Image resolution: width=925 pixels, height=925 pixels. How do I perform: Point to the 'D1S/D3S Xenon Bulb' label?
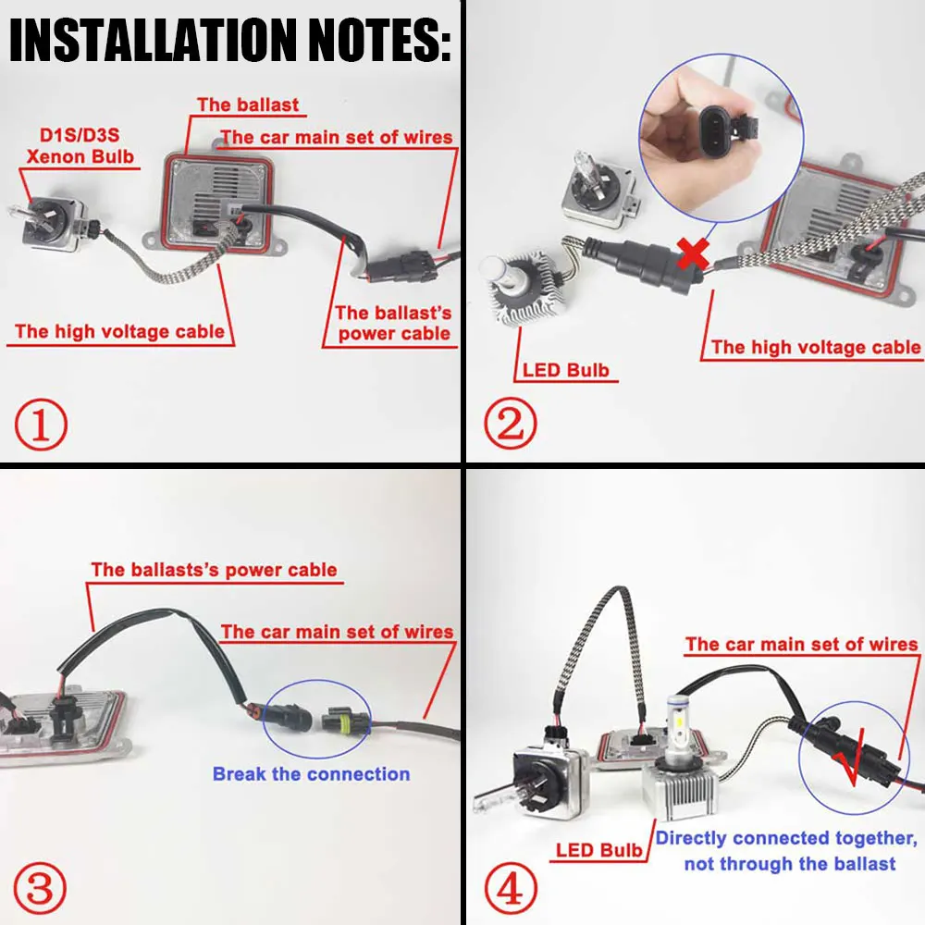tap(80, 145)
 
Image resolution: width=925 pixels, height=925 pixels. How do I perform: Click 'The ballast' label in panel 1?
tap(248, 104)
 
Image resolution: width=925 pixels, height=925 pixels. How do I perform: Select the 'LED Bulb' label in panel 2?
tap(565, 371)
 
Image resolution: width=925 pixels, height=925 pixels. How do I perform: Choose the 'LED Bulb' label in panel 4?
tap(598, 850)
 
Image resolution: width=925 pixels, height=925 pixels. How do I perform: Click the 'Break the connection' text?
tap(311, 773)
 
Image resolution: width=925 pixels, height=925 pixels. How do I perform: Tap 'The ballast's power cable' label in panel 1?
tap(393, 323)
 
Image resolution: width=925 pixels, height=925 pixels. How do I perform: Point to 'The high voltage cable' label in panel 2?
tap(815, 347)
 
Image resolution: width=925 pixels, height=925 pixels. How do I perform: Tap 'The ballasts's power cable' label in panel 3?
tap(214, 569)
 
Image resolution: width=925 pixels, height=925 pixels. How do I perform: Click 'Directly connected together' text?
tap(786, 838)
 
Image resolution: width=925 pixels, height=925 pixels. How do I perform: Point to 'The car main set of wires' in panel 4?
tap(801, 644)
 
